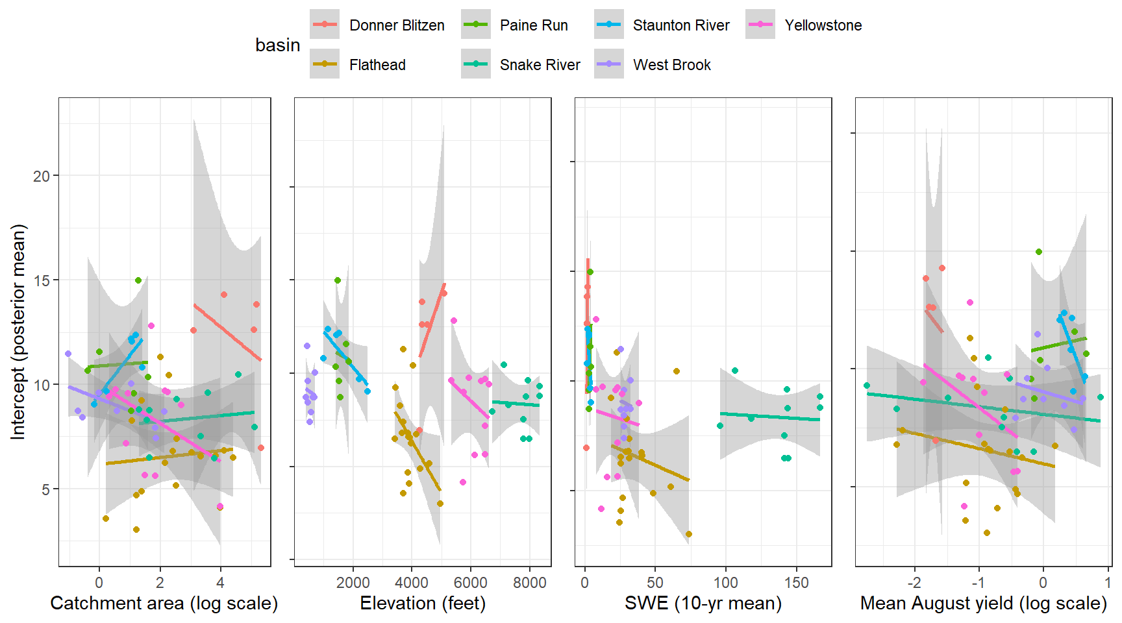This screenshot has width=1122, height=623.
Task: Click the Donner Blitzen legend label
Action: click(x=397, y=25)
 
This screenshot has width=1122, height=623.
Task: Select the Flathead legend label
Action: click(x=377, y=65)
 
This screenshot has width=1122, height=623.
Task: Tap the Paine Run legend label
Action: click(x=534, y=25)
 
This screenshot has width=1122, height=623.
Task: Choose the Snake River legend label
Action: click(x=540, y=65)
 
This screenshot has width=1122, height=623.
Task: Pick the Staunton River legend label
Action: click(x=681, y=25)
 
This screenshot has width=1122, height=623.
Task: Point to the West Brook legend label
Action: click(x=672, y=65)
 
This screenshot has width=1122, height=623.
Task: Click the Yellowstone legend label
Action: click(x=823, y=25)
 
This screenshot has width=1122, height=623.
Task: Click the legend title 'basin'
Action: click(x=277, y=45)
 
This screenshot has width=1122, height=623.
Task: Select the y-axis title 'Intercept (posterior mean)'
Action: click(x=18, y=332)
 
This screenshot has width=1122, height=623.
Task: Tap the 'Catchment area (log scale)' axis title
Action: click(x=164, y=604)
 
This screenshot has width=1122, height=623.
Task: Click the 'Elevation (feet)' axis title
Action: click(x=423, y=604)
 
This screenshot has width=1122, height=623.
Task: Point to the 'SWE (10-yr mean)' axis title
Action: click(x=703, y=604)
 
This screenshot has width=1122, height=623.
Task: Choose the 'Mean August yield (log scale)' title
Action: click(x=983, y=604)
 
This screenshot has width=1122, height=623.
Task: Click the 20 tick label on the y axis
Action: click(x=42, y=176)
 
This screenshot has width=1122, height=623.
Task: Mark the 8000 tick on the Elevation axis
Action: click(x=529, y=583)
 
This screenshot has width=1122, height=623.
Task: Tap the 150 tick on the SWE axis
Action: click(x=796, y=583)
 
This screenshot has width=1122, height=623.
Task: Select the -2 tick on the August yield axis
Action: click(x=914, y=583)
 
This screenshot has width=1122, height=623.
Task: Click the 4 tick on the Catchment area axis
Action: click(x=220, y=583)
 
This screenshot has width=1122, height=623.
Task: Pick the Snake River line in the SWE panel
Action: click(x=769, y=417)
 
